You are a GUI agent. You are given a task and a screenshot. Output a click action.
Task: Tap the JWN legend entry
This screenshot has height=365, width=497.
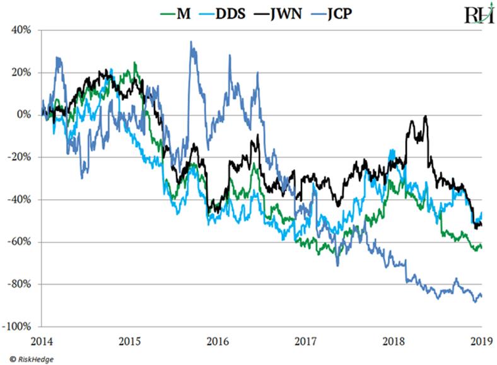291,13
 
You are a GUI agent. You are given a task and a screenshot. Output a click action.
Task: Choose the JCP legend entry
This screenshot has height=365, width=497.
344,13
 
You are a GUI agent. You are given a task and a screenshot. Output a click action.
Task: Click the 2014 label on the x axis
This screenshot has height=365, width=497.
42,341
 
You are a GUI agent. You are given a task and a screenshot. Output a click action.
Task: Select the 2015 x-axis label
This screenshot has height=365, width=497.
131,341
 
